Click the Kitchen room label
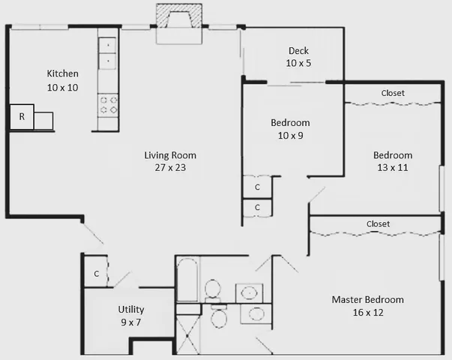62,73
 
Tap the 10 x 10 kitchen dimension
62,87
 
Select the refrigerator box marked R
22,117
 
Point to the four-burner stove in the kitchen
109,104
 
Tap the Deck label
298,51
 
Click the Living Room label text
170,155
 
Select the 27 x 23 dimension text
170,168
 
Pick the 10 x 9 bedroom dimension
289,136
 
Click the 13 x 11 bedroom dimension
393,168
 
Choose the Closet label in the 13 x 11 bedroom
393,93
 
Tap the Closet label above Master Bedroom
378,223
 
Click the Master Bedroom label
367,299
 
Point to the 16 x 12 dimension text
367,313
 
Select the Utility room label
130,309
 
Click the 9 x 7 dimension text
130,322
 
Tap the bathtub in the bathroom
187,280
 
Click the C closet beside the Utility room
96,274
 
